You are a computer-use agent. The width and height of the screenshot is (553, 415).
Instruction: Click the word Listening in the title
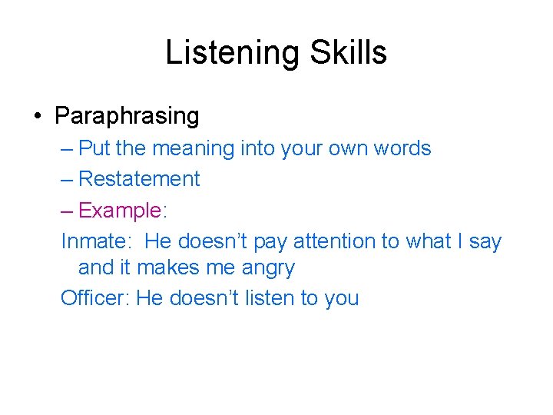(x=222, y=53)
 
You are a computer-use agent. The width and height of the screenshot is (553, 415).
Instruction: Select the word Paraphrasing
(x=127, y=117)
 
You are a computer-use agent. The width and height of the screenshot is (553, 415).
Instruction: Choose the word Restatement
(x=139, y=179)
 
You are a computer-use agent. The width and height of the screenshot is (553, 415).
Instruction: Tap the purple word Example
(x=120, y=211)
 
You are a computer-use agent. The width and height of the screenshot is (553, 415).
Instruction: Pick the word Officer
(x=91, y=298)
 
